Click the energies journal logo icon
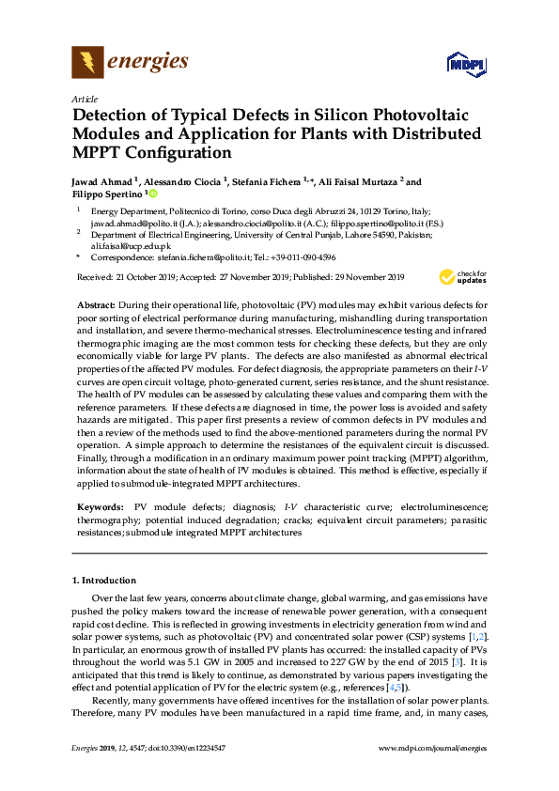click(87, 63)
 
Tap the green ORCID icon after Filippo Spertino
click(151, 194)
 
